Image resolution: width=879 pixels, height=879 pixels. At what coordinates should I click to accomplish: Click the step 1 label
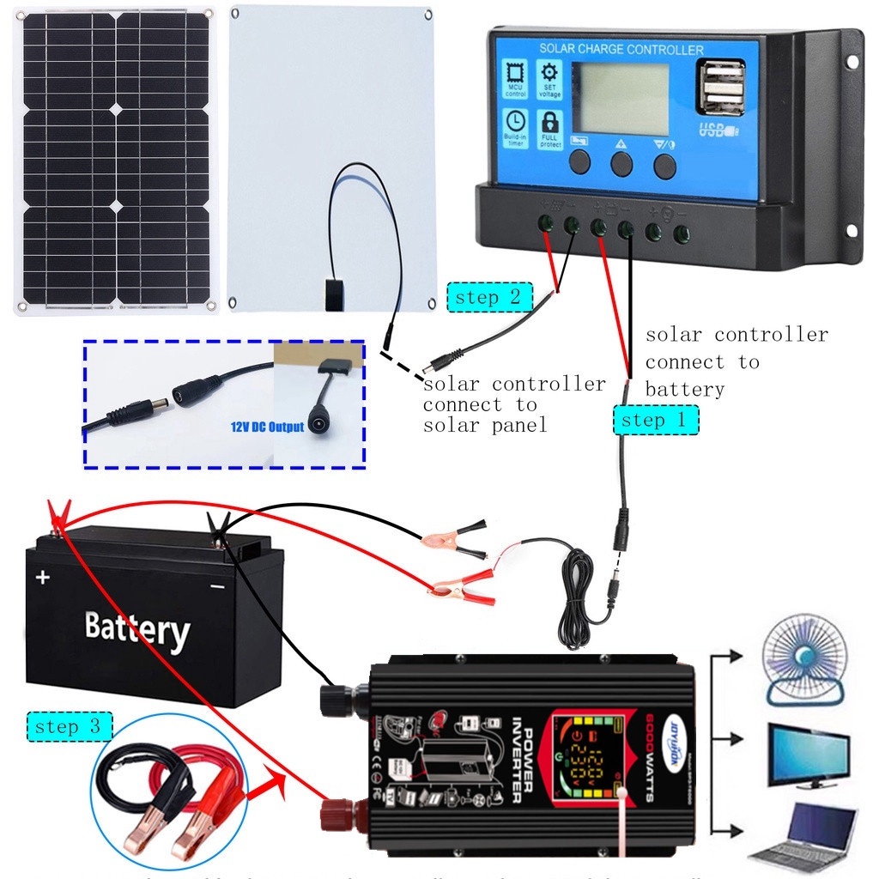pyautogui.click(x=656, y=420)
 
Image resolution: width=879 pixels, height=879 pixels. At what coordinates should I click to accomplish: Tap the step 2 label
pyautogui.click(x=489, y=298)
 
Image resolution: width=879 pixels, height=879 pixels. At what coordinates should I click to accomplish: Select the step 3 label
pyautogui.click(x=70, y=727)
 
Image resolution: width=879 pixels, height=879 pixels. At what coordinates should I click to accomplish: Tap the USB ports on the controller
pyautogui.click(x=720, y=88)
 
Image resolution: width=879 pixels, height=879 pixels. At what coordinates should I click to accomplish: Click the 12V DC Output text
pyautogui.click(x=266, y=427)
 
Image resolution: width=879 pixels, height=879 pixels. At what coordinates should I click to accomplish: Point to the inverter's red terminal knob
pyautogui.click(x=336, y=814)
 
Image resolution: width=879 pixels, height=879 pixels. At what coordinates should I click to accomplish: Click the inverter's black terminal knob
pyautogui.click(x=334, y=697)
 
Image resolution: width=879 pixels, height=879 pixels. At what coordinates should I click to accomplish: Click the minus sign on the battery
pyautogui.click(x=217, y=586)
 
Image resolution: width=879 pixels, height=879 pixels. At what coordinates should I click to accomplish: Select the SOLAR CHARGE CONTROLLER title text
pyautogui.click(x=621, y=50)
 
